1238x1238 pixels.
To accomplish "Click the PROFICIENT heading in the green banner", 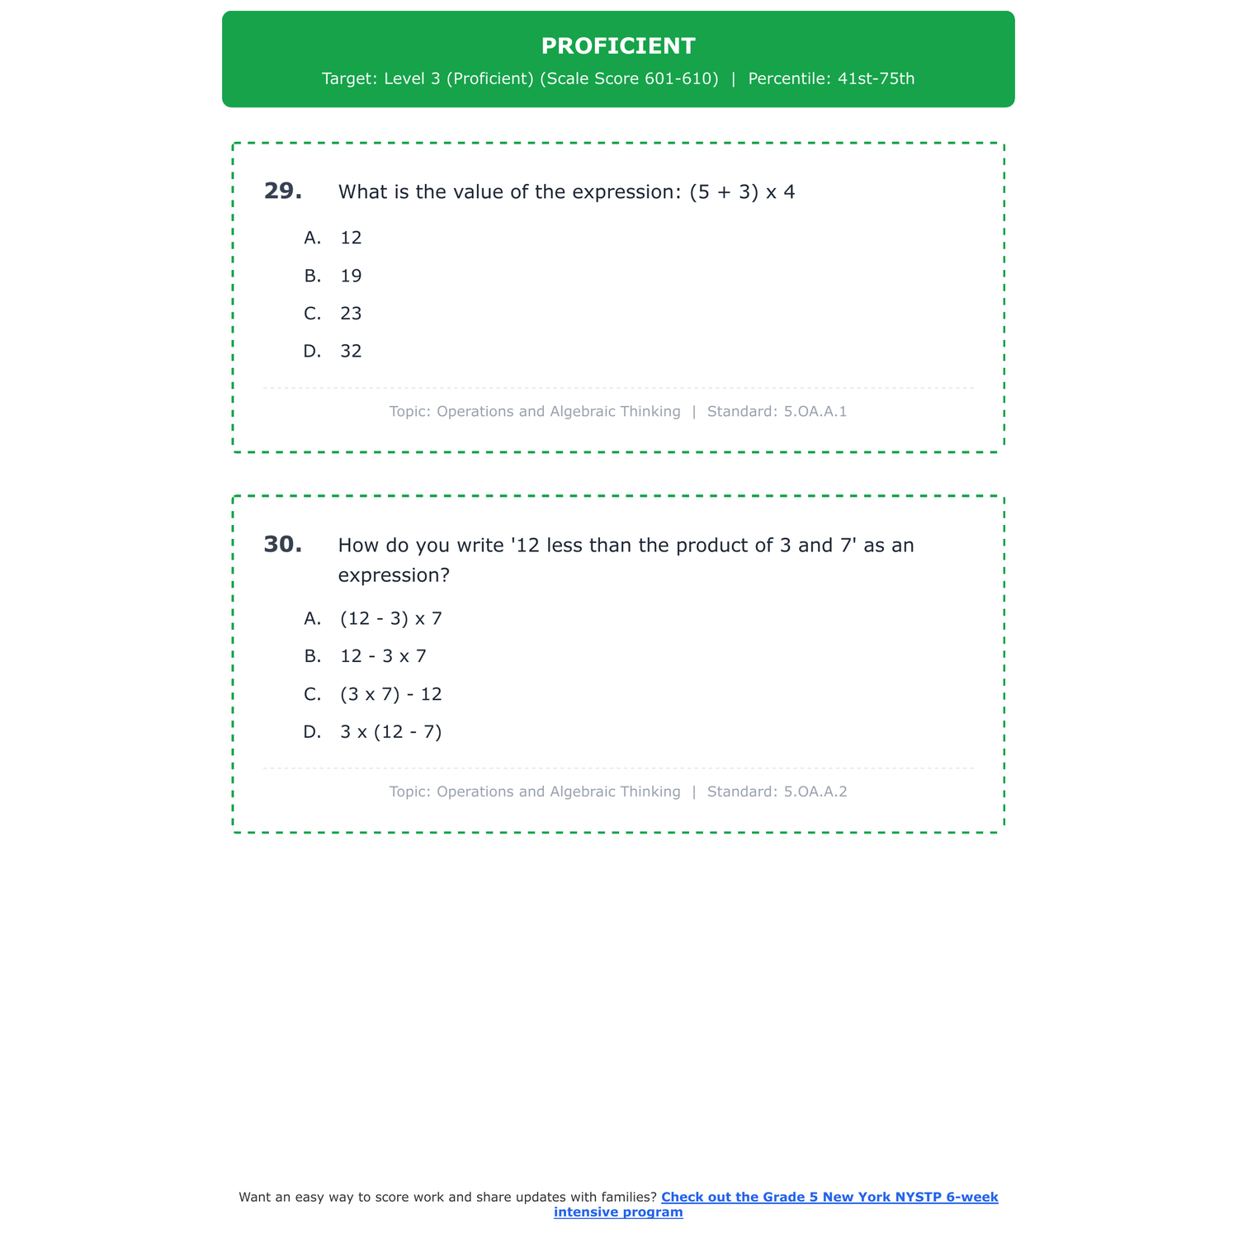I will [618, 46].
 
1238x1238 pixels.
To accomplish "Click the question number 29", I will [282, 191].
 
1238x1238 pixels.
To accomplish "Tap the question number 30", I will [282, 545].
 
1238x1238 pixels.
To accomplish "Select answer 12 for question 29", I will [351, 238].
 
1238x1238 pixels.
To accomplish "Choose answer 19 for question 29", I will [351, 276].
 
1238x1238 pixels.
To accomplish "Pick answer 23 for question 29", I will [351, 314].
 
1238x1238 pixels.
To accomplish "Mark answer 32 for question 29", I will [351, 352].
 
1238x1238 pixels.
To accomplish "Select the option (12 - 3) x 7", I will [390, 619].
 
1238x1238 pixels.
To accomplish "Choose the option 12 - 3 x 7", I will [383, 657].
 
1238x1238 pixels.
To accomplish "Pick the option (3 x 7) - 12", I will [390, 694].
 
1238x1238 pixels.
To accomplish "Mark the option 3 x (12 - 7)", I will [390, 732].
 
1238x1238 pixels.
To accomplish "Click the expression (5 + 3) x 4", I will [742, 192].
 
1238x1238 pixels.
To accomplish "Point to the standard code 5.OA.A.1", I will [815, 411].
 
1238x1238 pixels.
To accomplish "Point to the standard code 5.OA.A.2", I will [815, 791].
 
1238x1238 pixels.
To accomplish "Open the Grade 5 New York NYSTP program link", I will [829, 1198].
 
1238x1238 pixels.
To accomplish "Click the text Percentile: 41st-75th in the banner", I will [831, 79].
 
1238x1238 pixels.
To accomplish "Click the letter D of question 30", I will [311, 732].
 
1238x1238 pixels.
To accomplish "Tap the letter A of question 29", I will [311, 238].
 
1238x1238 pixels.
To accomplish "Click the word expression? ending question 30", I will [394, 575].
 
